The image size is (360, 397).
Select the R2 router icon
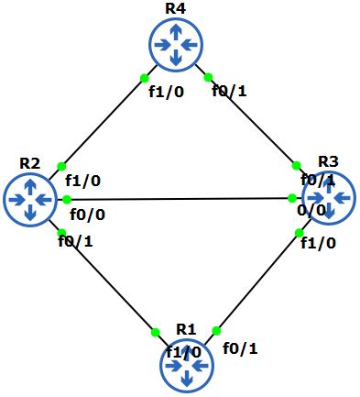click(x=30, y=197)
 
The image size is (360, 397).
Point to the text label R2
click(x=29, y=163)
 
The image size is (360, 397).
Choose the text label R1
click(x=186, y=329)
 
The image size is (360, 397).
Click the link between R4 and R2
click(x=103, y=121)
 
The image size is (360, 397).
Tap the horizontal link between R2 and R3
click(x=179, y=198)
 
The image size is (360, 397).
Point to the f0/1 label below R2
click(x=75, y=241)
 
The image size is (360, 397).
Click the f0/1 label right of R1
click(x=240, y=347)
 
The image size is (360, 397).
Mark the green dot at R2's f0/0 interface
click(x=67, y=199)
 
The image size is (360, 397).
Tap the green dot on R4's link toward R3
click(x=208, y=77)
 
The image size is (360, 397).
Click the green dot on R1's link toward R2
click(x=156, y=327)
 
